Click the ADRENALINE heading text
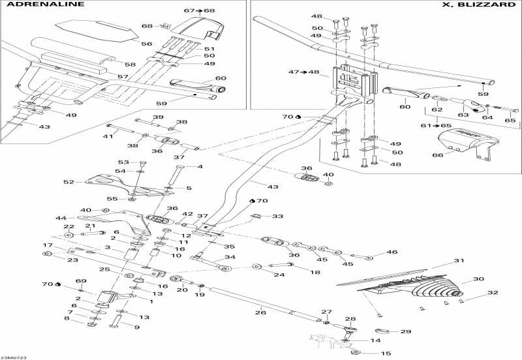(x=45, y=5)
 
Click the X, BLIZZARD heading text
(x=478, y=5)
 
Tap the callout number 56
(x=146, y=44)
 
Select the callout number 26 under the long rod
(x=260, y=312)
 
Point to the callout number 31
(x=459, y=260)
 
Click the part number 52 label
(x=69, y=182)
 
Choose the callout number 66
(x=437, y=155)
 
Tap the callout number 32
(x=493, y=292)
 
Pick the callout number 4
(x=200, y=166)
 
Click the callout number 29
(x=405, y=331)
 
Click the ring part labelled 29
(x=382, y=331)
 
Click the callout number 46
(x=392, y=252)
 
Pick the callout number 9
(x=137, y=327)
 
